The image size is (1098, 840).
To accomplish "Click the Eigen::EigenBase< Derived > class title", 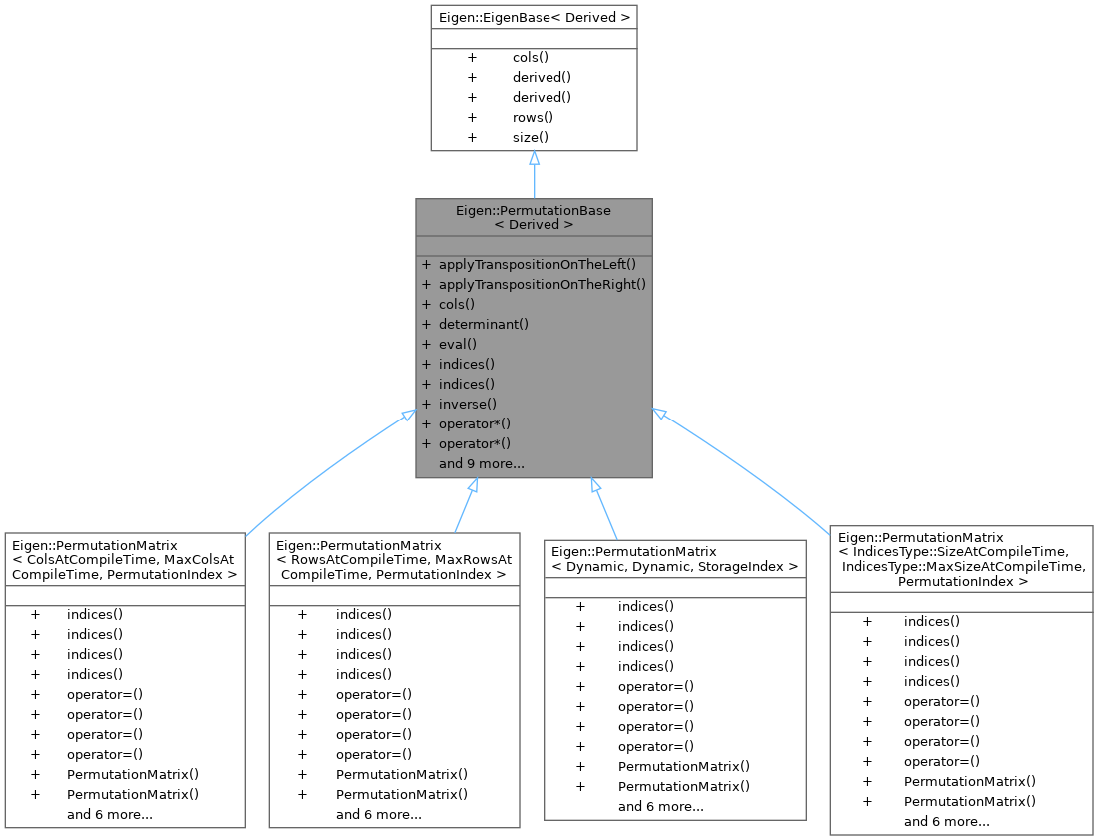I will (x=534, y=18).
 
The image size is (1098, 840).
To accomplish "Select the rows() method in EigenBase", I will (x=533, y=117).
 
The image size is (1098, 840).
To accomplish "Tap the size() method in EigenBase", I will (x=531, y=137).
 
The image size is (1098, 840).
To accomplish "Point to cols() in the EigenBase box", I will (x=530, y=57).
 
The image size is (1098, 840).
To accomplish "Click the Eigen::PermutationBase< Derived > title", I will (x=534, y=217).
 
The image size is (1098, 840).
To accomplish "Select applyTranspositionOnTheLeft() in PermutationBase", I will (x=537, y=265).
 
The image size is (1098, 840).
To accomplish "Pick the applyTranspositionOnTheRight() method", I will (x=543, y=284).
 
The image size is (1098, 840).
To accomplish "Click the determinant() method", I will (x=483, y=324).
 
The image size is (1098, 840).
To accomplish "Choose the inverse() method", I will (x=468, y=404).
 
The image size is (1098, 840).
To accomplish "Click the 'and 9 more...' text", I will (x=482, y=463).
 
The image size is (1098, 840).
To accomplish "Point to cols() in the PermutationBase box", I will (x=456, y=304).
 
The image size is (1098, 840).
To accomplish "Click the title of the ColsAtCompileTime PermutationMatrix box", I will (x=123, y=560).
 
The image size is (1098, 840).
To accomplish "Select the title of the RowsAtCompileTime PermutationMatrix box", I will (x=394, y=559).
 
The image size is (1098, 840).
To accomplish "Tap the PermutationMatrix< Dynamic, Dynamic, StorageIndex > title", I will (x=675, y=558).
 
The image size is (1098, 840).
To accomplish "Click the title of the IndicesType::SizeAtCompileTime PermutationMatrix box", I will (x=961, y=559).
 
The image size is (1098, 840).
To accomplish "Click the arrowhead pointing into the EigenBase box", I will (x=535, y=159).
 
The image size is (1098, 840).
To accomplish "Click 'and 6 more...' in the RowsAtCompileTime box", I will (x=378, y=814).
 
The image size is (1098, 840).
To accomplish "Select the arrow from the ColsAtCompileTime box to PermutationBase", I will (x=320, y=469).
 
